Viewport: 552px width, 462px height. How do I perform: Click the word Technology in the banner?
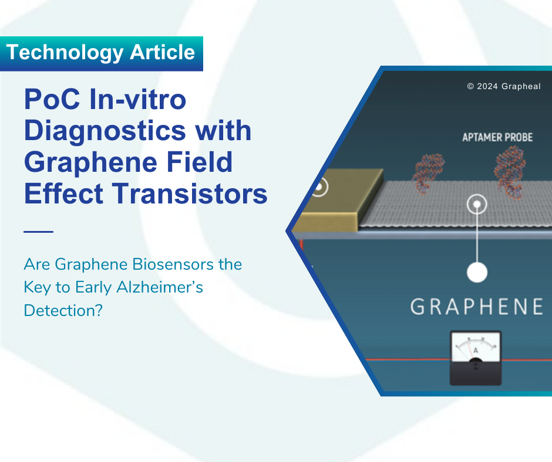point(65,53)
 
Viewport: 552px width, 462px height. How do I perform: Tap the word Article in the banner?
point(162,52)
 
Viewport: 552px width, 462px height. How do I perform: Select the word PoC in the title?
point(52,99)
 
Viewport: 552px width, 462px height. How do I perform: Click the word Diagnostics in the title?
point(105,131)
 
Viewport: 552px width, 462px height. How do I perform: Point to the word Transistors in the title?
point(190,193)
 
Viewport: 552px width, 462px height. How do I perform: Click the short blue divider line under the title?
point(38,232)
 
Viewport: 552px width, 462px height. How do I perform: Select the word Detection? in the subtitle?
point(63,311)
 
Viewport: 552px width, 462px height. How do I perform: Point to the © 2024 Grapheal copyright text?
point(503,87)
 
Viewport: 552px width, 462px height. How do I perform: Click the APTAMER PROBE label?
point(497,137)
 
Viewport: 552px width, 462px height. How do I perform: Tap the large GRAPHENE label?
point(477,307)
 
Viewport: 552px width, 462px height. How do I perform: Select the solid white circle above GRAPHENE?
point(477,273)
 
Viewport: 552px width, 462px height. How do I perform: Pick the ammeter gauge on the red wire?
point(476,358)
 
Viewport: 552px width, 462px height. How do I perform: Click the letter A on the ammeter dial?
point(476,350)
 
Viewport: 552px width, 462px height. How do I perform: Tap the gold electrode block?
point(338,201)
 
